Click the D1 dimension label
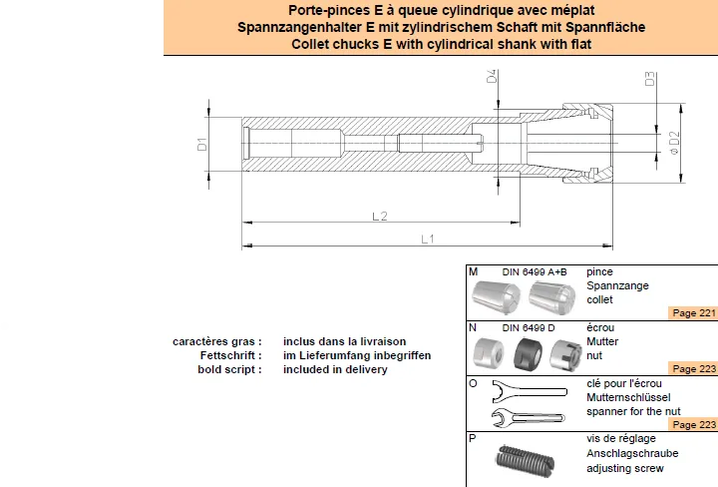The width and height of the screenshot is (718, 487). pyautogui.click(x=201, y=145)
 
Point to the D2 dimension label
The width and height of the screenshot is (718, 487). pyautogui.click(x=674, y=143)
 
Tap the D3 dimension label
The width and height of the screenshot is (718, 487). pyautogui.click(x=650, y=79)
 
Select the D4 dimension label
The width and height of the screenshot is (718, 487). pyautogui.click(x=492, y=76)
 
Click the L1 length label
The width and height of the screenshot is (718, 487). pyautogui.click(x=427, y=239)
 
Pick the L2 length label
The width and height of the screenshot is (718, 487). pyautogui.click(x=380, y=216)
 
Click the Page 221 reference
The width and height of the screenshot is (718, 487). pyautogui.click(x=694, y=313)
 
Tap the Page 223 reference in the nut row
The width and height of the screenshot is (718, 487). pyautogui.click(x=694, y=369)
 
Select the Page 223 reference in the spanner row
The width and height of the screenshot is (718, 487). pyautogui.click(x=694, y=425)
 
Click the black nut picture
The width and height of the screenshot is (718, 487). pyautogui.click(x=528, y=354)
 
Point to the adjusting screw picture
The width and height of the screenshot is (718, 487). pyautogui.click(x=525, y=459)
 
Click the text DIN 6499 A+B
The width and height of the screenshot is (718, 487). pyautogui.click(x=535, y=272)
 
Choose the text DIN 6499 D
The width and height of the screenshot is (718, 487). pyautogui.click(x=529, y=328)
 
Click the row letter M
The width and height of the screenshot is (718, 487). pyautogui.click(x=473, y=271)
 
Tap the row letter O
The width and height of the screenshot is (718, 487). pyautogui.click(x=473, y=383)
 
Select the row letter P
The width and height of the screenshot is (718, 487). pyautogui.click(x=473, y=438)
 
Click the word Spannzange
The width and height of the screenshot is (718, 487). pyautogui.click(x=617, y=285)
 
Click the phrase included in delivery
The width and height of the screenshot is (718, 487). pyautogui.click(x=335, y=369)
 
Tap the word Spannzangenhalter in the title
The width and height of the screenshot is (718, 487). pyautogui.click(x=299, y=28)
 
